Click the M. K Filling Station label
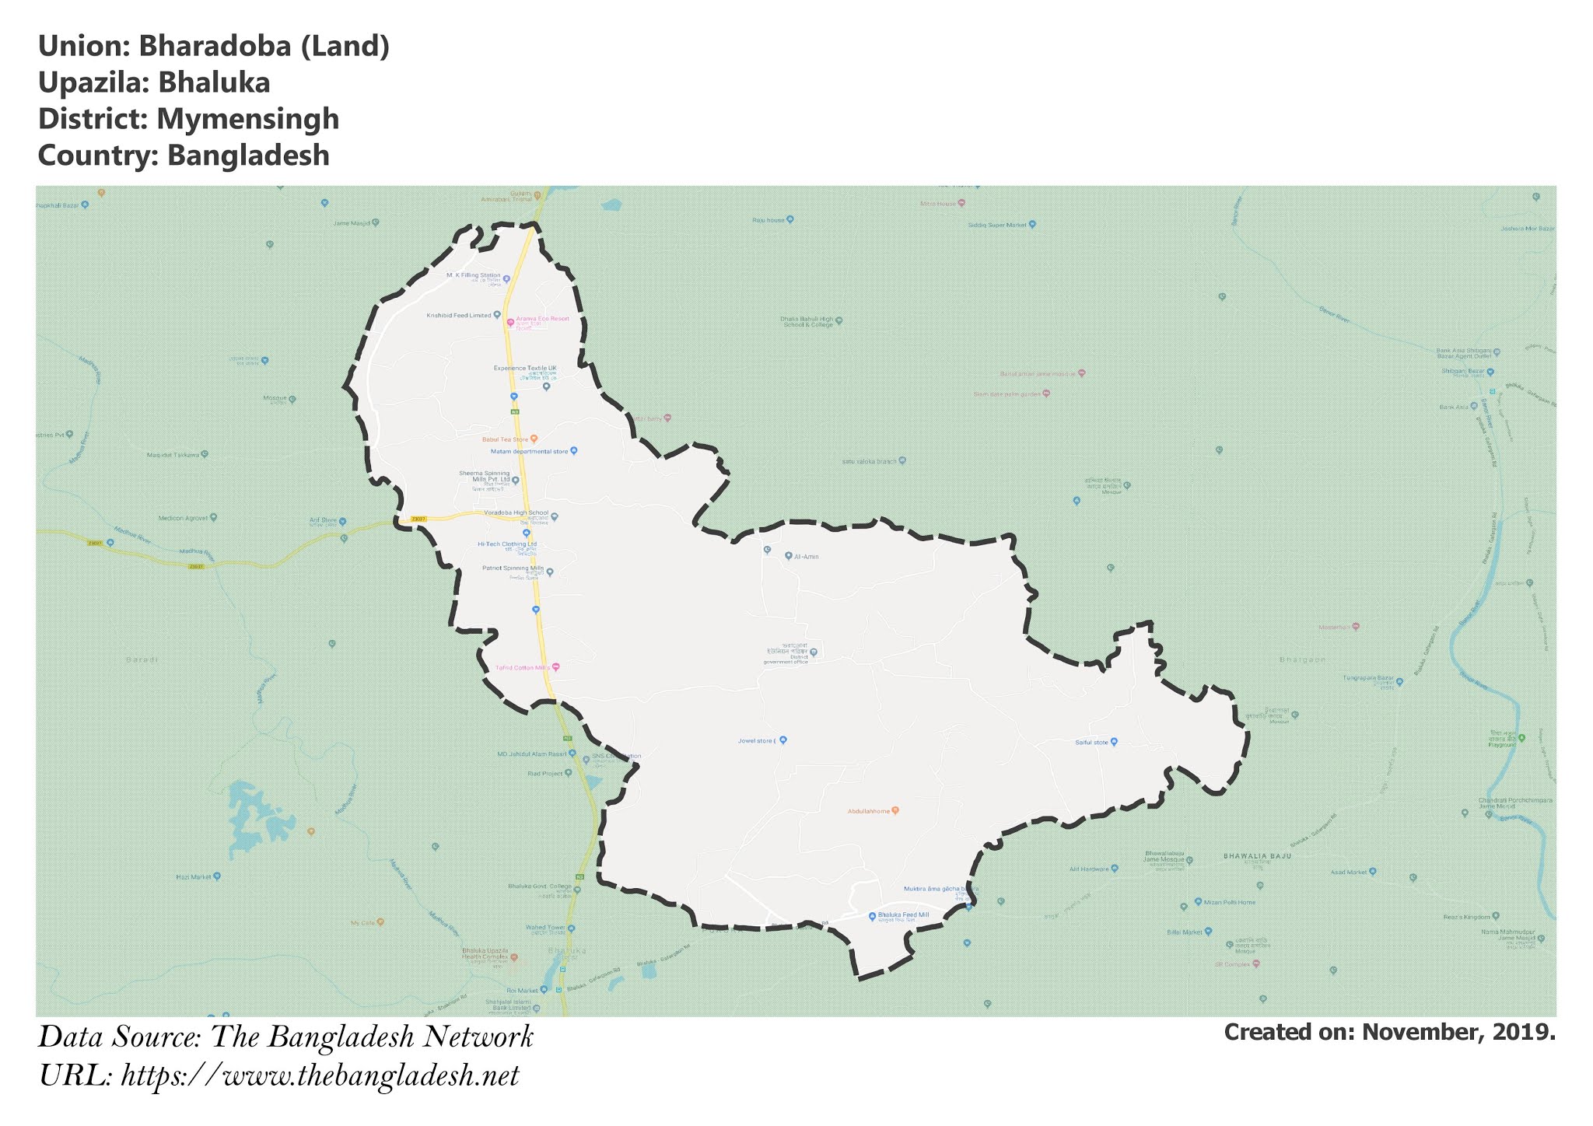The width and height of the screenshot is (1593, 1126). coord(473,275)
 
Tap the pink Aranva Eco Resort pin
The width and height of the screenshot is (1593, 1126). coord(510,322)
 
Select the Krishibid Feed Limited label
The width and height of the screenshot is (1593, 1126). coord(459,316)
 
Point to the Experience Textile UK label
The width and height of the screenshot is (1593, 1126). coord(525,368)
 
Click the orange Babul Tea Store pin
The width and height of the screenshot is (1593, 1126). coord(534,439)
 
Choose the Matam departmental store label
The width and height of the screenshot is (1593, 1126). coord(529,451)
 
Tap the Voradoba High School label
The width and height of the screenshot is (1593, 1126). coord(516,513)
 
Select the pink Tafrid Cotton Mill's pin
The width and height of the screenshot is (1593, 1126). coord(555,667)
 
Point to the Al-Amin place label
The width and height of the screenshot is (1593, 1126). coord(807,557)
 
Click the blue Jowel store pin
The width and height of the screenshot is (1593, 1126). coord(783,740)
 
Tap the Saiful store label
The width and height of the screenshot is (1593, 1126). coord(1091,743)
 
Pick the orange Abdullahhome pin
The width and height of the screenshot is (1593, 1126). coord(895,810)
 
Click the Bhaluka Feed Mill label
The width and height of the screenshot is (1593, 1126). coord(903,915)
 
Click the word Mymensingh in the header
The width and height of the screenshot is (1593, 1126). coord(247,119)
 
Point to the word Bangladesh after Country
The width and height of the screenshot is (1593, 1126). coord(248,156)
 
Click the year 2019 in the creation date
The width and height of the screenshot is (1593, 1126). coord(1526,1033)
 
